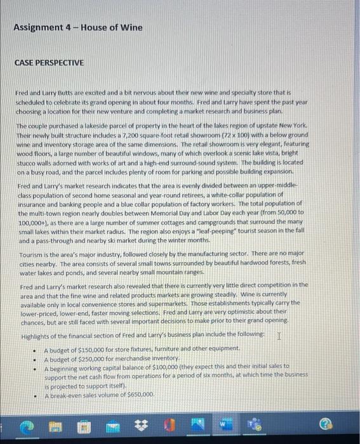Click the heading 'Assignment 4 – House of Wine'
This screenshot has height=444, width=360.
77,27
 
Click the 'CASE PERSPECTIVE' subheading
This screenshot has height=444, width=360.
50,63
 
